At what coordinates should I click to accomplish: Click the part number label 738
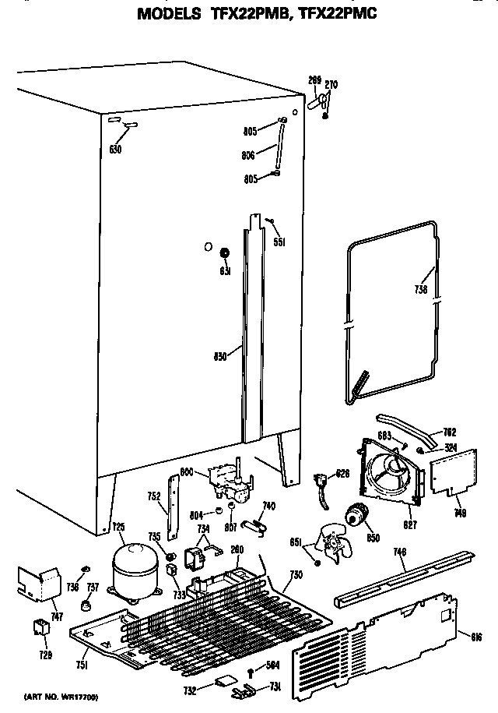coord(421,288)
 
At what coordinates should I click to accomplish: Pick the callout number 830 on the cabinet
coord(220,357)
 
